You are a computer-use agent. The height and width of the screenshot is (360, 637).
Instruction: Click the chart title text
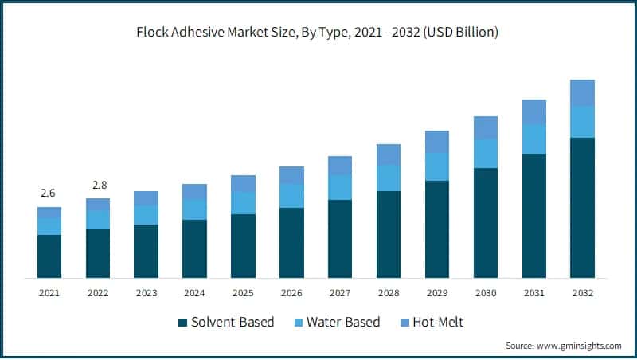pyautogui.click(x=318, y=33)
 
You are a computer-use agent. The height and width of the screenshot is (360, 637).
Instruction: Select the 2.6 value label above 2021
pyautogui.click(x=49, y=194)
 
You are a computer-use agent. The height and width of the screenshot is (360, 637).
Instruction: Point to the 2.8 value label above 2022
pyautogui.click(x=98, y=185)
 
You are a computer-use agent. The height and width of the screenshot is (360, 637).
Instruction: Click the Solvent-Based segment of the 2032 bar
pyautogui.click(x=582, y=207)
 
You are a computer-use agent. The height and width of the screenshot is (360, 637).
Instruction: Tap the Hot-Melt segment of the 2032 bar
pyautogui.click(x=582, y=92)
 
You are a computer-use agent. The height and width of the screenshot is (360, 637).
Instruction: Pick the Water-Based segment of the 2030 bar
pyautogui.click(x=486, y=153)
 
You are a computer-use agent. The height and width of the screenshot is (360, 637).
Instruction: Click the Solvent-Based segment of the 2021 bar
pyautogui.click(x=49, y=256)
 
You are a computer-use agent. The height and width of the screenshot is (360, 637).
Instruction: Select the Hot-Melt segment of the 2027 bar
pyautogui.click(x=340, y=166)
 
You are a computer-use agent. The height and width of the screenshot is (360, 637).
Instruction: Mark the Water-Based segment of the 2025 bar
pyautogui.click(x=243, y=203)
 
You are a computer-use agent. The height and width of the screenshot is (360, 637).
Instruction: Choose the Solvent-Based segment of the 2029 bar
pyautogui.click(x=437, y=229)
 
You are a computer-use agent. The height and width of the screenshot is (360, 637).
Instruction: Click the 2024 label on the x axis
pyautogui.click(x=194, y=293)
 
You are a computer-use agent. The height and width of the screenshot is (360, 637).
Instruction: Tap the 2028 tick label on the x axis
pyautogui.click(x=389, y=293)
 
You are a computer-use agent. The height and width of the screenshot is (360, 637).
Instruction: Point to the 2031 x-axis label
pyautogui.click(x=533, y=293)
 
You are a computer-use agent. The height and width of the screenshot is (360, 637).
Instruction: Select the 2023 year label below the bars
pyautogui.click(x=147, y=293)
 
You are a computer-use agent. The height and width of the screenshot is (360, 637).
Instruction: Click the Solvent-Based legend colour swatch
pyautogui.click(x=182, y=323)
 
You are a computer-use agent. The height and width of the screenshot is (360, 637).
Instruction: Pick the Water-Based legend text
pyautogui.click(x=343, y=323)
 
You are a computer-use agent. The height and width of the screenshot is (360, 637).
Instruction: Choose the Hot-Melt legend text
pyautogui.click(x=435, y=323)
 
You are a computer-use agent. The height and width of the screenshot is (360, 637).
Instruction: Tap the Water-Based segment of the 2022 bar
pyautogui.click(x=98, y=220)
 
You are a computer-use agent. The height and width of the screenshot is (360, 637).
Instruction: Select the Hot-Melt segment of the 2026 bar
pyautogui.click(x=291, y=175)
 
